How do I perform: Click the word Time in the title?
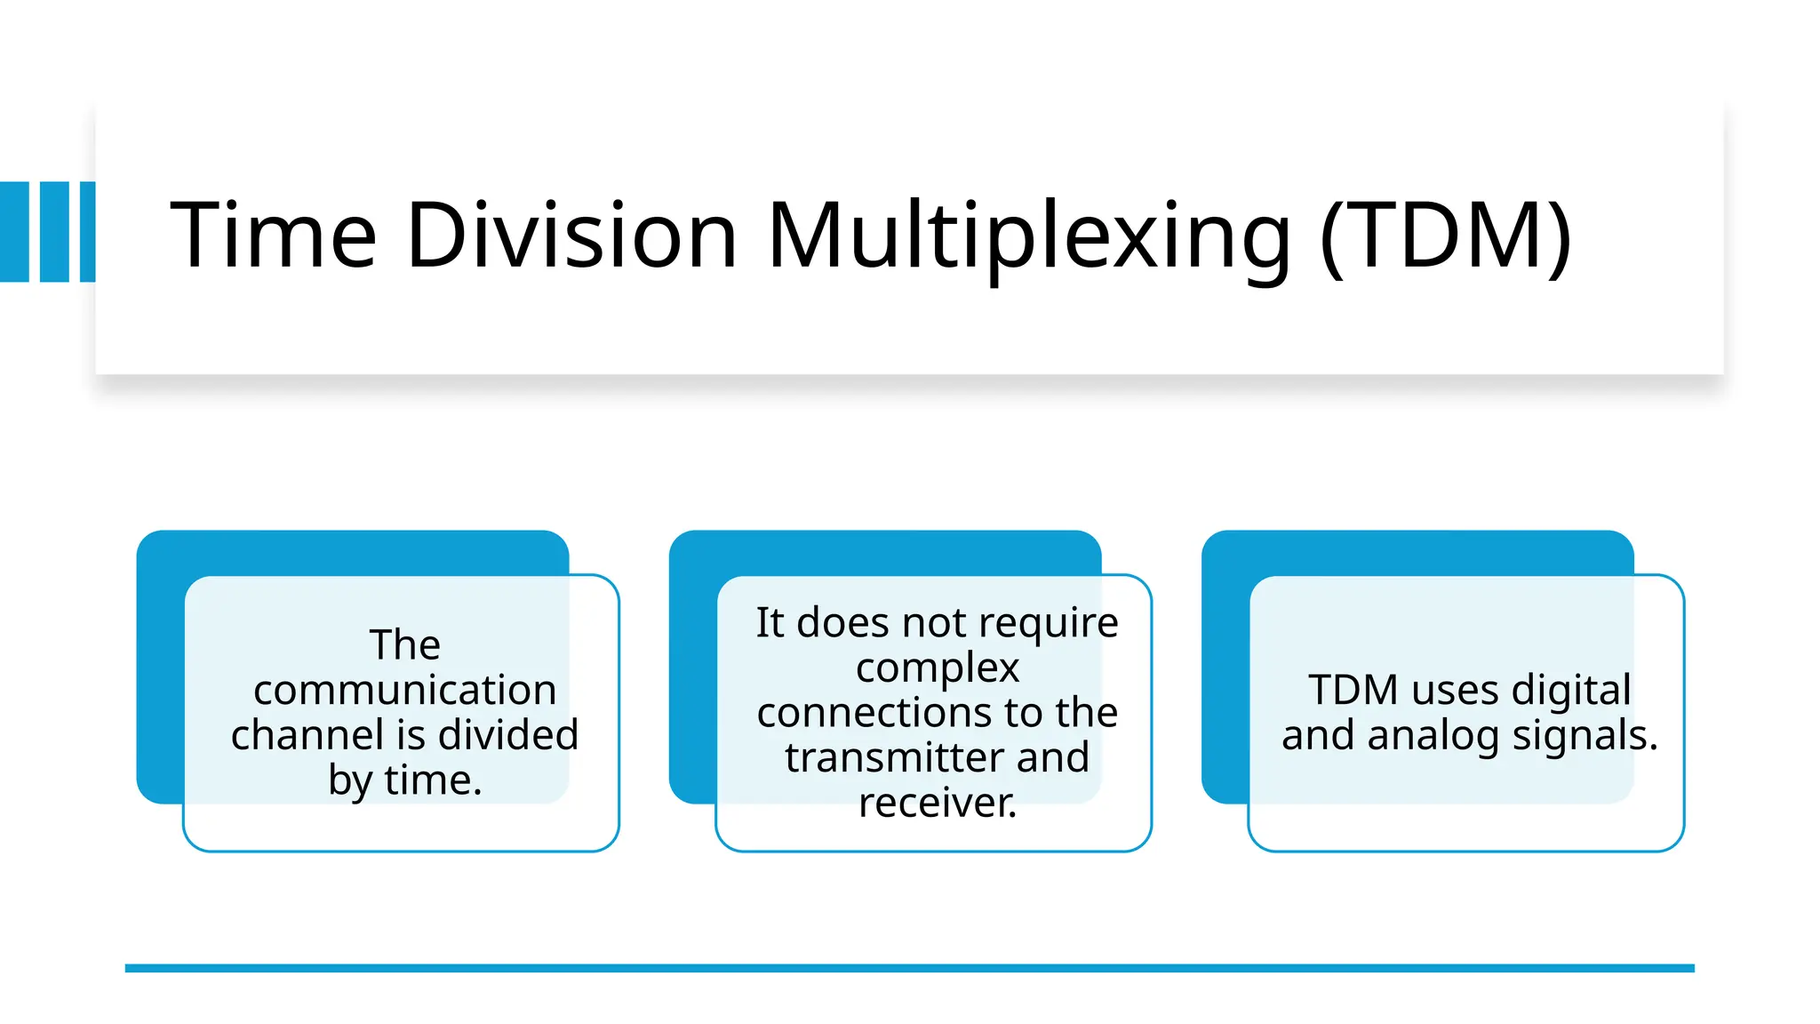(273, 236)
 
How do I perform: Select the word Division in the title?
(571, 236)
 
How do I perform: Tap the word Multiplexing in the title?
(1028, 236)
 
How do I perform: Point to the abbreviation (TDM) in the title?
(1446, 236)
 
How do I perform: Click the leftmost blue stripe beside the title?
(14, 232)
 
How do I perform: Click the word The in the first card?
(404, 644)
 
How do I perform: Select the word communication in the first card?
(404, 691)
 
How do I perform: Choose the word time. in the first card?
(433, 780)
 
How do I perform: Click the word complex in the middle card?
(938, 668)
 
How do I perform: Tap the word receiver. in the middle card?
(938, 804)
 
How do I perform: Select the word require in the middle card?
(1066, 623)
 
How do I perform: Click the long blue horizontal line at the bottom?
(909, 968)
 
